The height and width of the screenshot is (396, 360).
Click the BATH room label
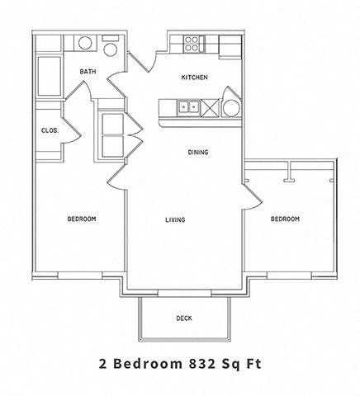(x=88, y=72)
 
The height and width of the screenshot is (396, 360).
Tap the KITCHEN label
(x=194, y=78)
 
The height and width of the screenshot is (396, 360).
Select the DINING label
(x=197, y=152)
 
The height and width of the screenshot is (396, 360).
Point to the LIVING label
(x=174, y=219)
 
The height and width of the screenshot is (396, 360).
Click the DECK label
(x=184, y=318)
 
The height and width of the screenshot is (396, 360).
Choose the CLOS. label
(x=49, y=130)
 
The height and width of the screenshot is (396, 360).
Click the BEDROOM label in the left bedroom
(x=82, y=219)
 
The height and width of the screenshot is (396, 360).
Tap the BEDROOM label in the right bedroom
(x=285, y=219)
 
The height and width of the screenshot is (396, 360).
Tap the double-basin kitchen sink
(x=187, y=106)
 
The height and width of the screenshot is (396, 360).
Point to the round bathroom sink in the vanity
(x=85, y=44)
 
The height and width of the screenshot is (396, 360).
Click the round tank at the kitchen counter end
(x=231, y=106)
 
